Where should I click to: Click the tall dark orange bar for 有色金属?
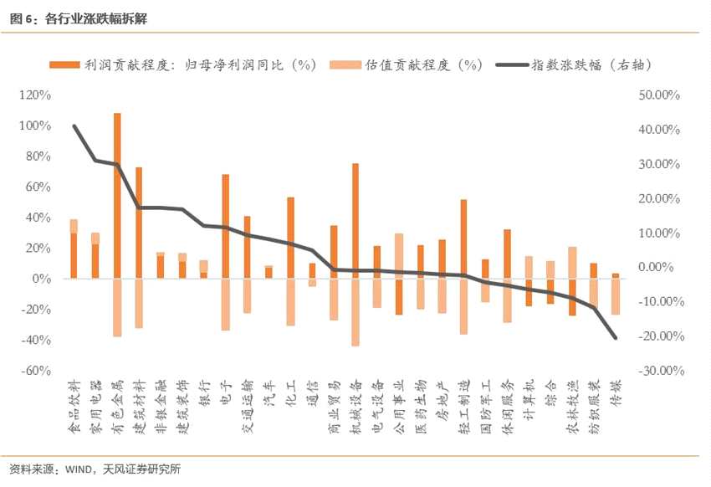click(117, 196)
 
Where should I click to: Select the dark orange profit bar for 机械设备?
click(355, 220)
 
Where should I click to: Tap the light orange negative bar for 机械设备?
click(355, 312)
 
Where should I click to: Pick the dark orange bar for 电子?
click(225, 226)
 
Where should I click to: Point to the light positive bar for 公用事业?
click(399, 256)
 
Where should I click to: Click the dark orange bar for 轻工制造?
click(464, 238)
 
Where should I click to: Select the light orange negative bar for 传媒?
click(616, 296)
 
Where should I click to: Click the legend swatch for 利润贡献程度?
click(65, 64)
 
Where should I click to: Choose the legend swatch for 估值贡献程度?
click(345, 64)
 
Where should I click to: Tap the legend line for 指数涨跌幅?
click(513, 64)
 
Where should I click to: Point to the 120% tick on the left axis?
click(35, 95)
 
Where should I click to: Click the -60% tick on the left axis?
click(36, 370)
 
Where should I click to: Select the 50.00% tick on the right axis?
click(659, 95)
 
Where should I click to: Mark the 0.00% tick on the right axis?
click(655, 267)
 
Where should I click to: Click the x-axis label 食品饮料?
click(74, 407)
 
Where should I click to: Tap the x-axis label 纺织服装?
click(595, 407)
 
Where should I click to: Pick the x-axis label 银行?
click(204, 392)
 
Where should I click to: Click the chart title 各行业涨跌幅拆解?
click(96, 18)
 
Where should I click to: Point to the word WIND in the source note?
click(79, 469)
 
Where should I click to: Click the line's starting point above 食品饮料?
click(74, 126)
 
